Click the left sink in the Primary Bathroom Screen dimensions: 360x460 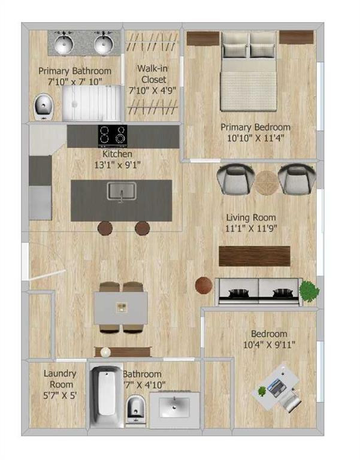pos(63,44)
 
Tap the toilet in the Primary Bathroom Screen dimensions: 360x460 pos(43,107)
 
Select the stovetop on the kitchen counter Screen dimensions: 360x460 pos(113,136)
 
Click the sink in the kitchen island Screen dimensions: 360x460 pos(122,191)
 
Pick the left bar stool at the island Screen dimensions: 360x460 pos(105,228)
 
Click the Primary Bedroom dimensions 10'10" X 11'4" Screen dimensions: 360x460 pos(255,138)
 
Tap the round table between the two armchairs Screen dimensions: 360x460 pos(266,183)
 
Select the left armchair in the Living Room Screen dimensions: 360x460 pos(235,178)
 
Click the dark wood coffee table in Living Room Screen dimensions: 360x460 pos(255,256)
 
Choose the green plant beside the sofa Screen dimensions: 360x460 pos(309,290)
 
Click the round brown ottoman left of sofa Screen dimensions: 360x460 pos(204,285)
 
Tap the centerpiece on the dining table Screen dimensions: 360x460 pos(121,307)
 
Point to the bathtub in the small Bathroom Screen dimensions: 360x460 pos(106,396)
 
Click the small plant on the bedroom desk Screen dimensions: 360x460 pos(262,391)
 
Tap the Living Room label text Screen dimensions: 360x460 pos(251,217)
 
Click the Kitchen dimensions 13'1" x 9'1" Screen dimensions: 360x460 pos(117,165)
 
